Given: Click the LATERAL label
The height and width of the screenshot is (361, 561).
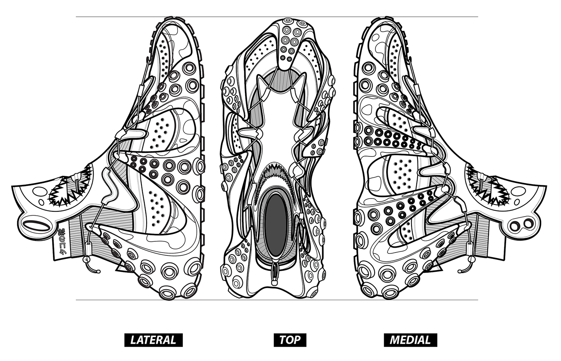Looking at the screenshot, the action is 153,340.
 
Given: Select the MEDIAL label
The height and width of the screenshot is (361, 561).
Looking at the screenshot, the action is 410,340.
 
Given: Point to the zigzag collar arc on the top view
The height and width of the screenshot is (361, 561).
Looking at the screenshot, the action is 276,176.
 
